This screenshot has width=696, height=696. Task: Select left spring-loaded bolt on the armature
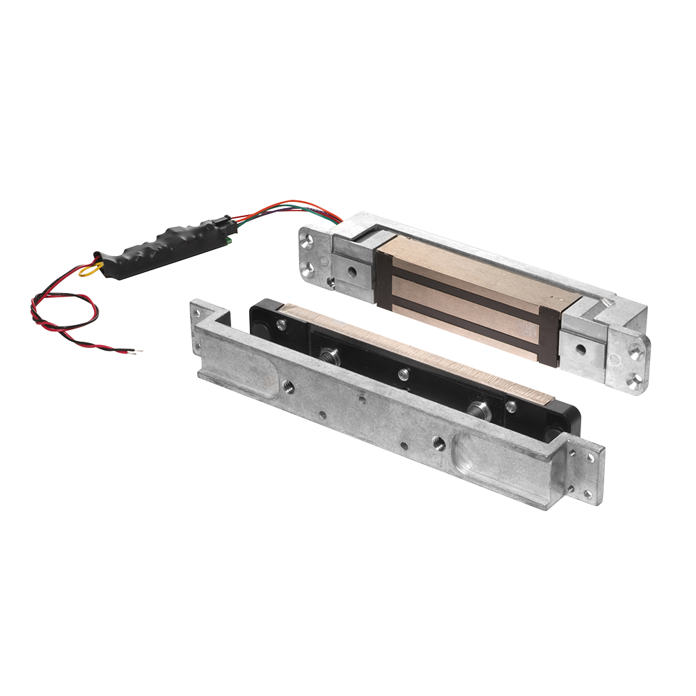click(330, 358)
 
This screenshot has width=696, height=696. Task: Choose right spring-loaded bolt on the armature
click(480, 411)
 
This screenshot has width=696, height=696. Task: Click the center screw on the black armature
click(403, 374)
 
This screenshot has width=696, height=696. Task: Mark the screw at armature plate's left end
click(281, 324)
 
